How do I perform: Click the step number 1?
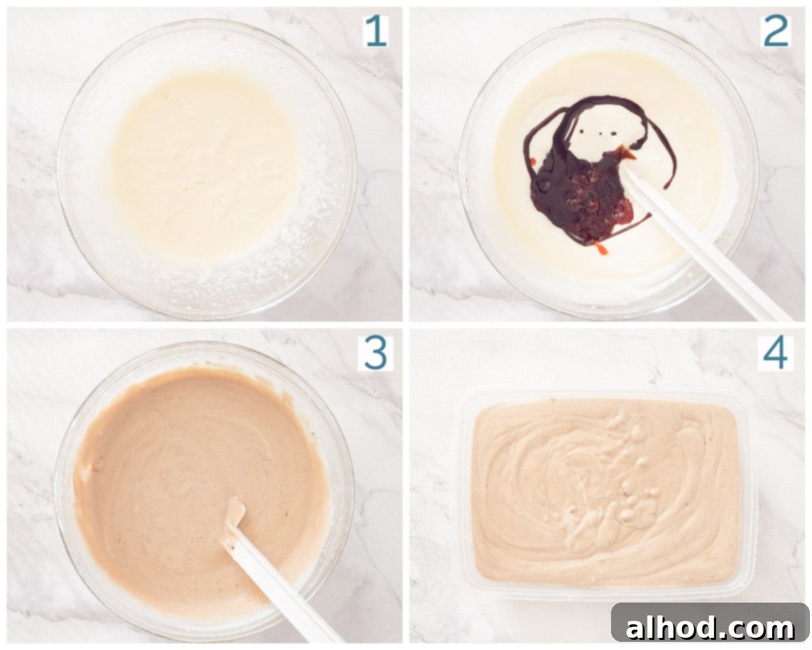tap(376, 31)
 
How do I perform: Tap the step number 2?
tap(776, 31)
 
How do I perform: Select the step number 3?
tap(376, 353)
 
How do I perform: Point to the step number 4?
tap(775, 353)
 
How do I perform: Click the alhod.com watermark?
tap(710, 628)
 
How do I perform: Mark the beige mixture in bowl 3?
tap(200, 491)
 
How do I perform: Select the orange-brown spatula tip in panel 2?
tap(625, 152)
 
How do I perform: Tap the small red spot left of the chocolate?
tap(533, 161)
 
